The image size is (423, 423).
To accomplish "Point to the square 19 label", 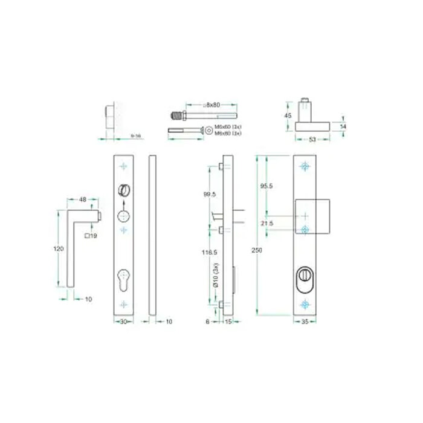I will (91, 235).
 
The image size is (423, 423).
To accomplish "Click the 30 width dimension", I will (123, 321).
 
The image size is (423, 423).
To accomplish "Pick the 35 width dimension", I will (305, 321).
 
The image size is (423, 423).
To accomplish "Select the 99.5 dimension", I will (210, 194).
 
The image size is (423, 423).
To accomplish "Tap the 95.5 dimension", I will (266, 186).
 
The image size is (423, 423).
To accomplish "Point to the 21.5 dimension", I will (266, 223).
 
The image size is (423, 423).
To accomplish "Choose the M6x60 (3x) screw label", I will (228, 126).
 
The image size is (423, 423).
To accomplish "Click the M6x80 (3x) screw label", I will (228, 132).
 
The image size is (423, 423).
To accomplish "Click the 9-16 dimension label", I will (136, 137).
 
